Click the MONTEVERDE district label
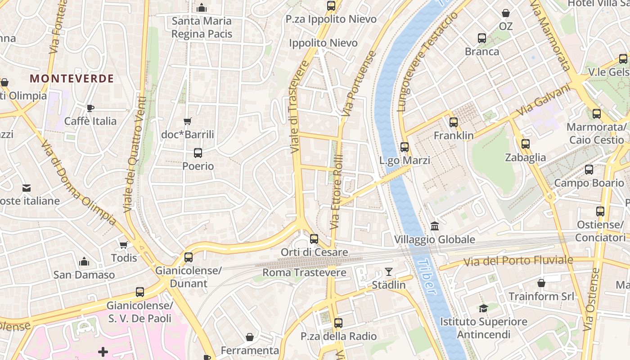72,79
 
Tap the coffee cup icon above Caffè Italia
90,108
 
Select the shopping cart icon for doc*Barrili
188,121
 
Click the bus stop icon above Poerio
198,153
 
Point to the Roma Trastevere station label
304,272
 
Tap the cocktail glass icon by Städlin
389,272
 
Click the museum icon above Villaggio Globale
435,226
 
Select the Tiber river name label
426,276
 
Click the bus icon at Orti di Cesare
314,239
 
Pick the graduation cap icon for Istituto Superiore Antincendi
483,308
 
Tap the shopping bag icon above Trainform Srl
541,283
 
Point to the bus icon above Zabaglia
525,144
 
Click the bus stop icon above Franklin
454,122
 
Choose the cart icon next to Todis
124,245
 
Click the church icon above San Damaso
84,261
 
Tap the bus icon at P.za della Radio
338,323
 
